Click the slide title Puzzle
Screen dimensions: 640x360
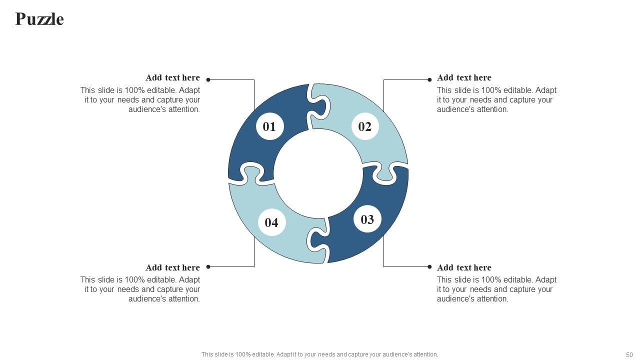[x=39, y=19]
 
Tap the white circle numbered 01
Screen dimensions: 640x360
[x=269, y=126]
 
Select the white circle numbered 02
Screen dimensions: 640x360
[x=365, y=126]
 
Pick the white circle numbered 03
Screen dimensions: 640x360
[x=367, y=219]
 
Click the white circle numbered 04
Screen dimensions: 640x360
[x=271, y=222]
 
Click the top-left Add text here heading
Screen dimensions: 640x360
[x=172, y=77]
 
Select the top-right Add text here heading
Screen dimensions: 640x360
[x=464, y=77]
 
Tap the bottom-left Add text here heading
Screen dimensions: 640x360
[x=172, y=267]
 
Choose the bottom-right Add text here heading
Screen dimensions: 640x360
[x=464, y=267]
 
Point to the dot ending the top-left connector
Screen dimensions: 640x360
[x=208, y=79]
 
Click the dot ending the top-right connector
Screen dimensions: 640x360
[x=429, y=79]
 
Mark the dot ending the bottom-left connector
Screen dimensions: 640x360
[x=208, y=267]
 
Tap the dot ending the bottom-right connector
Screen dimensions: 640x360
[x=429, y=267]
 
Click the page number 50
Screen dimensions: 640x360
[x=629, y=355]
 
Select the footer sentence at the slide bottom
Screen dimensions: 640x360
[x=319, y=354]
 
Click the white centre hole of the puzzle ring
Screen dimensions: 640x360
[x=318, y=173]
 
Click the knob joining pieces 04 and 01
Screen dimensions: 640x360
[x=251, y=173]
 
